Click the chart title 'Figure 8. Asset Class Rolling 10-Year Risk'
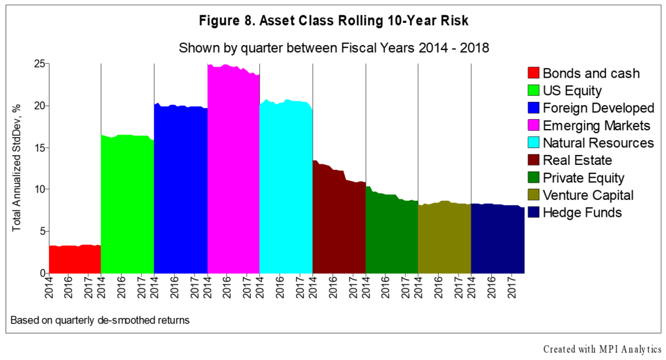pyautogui.click(x=334, y=21)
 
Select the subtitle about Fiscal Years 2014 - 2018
pyautogui.click(x=334, y=48)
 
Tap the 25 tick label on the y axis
pyautogui.click(x=38, y=64)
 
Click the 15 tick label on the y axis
pyautogui.click(x=38, y=148)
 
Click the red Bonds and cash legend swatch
pyautogui.click(x=533, y=73)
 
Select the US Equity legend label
pyautogui.click(x=572, y=91)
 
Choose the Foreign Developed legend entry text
pyautogui.click(x=598, y=108)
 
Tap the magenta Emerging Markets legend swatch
pyautogui.click(x=533, y=126)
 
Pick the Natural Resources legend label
pyautogui.click(x=598, y=143)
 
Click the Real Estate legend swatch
pyautogui.click(x=533, y=161)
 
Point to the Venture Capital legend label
pyautogui.click(x=588, y=195)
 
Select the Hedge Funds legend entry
pyautogui.click(x=582, y=213)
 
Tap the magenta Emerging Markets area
pyautogui.click(x=233, y=173)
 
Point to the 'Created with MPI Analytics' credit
pyautogui.click(x=602, y=350)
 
